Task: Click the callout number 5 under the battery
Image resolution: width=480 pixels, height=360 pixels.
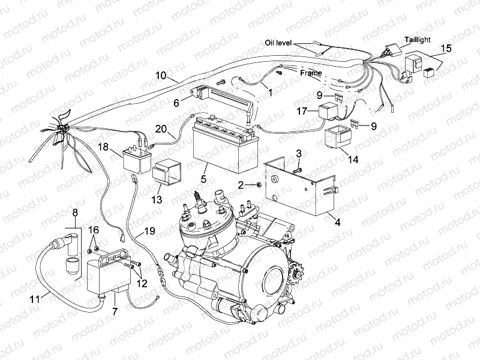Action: [203, 178]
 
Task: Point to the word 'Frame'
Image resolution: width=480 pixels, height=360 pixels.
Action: [311, 73]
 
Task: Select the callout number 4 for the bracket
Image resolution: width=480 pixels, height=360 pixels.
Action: [337, 222]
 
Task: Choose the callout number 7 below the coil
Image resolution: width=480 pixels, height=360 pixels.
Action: [114, 311]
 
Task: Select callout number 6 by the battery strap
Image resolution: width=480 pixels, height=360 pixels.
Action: [176, 103]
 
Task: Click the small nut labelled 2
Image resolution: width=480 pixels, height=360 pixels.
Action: [259, 184]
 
